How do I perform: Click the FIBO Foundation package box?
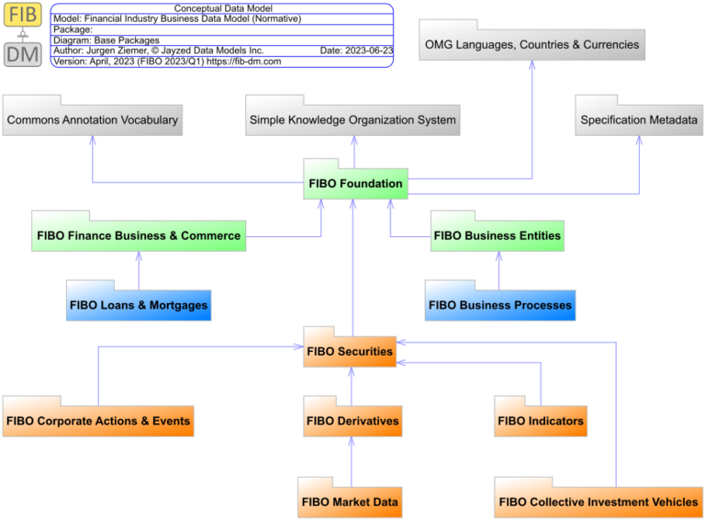[x=355, y=184]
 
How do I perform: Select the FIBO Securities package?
[x=350, y=352]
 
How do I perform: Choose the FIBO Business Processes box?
[x=500, y=305]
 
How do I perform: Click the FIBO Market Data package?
[x=351, y=502]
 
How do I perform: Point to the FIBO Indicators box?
[x=540, y=422]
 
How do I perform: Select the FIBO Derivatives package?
[x=352, y=422]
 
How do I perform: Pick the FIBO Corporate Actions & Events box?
[x=98, y=422]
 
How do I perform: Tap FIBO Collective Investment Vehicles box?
[x=599, y=502]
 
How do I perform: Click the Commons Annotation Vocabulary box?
[x=92, y=120]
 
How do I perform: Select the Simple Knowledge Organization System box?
[x=352, y=120]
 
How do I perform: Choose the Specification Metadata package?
[x=639, y=120]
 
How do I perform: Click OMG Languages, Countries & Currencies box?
[x=532, y=44]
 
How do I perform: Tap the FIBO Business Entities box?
[x=498, y=236]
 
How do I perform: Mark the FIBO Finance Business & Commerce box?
[x=139, y=236]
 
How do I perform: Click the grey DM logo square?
[x=22, y=54]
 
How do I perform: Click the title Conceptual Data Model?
[x=223, y=8]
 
